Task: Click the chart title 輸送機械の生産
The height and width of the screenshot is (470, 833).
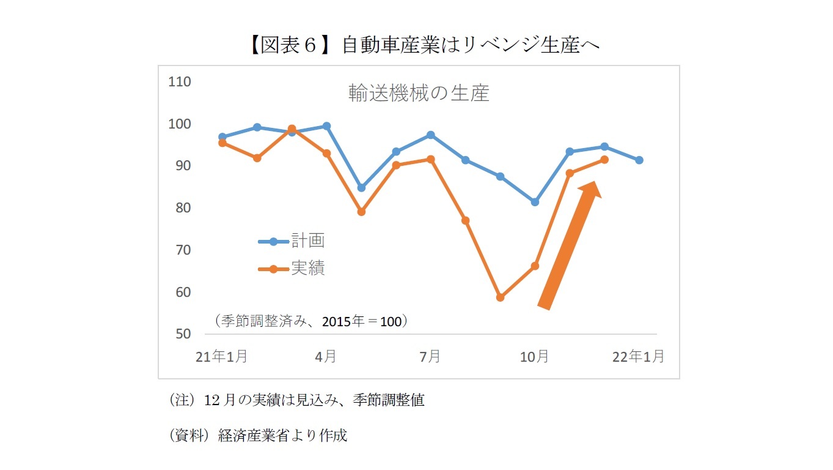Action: (419, 93)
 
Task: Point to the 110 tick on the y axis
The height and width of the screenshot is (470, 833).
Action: (179, 82)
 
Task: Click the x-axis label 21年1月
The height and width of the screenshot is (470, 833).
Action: (221, 356)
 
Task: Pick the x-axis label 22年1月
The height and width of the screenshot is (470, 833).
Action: (638, 356)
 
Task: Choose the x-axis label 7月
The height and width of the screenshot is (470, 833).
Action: (430, 356)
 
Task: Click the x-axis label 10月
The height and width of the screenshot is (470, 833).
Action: (534, 356)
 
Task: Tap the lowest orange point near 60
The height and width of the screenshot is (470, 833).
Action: (500, 297)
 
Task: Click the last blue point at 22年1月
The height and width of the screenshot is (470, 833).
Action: (639, 160)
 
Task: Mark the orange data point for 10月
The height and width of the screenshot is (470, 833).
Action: (535, 266)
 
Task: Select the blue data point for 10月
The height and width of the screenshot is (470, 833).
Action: (535, 202)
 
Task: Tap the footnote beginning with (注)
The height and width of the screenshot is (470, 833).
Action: (296, 401)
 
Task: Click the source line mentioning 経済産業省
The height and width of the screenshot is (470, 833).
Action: (257, 435)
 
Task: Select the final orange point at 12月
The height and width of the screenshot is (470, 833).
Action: (604, 160)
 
